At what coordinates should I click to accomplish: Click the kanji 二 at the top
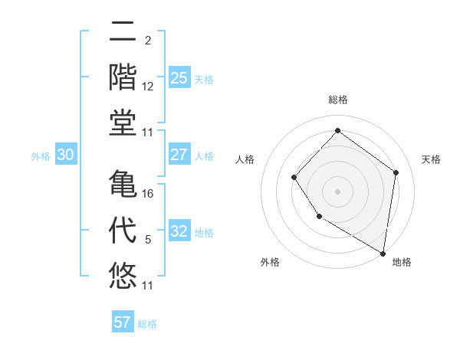[x=123, y=32]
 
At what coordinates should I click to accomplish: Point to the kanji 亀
[x=123, y=184]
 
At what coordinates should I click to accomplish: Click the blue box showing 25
[x=179, y=77]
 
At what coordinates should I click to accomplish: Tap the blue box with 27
[x=179, y=155]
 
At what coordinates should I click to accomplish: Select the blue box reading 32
[x=179, y=231]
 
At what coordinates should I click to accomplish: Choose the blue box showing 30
[x=65, y=155]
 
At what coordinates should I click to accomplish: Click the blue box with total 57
[x=123, y=322]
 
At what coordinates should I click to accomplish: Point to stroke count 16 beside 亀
[x=148, y=193]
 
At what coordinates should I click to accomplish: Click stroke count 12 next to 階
[x=148, y=86]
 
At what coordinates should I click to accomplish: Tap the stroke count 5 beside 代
[x=148, y=239]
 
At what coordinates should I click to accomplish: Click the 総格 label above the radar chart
[x=337, y=100]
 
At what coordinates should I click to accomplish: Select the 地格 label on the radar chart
[x=402, y=263]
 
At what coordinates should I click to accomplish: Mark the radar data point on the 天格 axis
[x=396, y=172]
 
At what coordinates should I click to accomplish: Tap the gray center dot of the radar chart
[x=337, y=191]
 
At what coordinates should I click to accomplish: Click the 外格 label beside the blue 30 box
[x=41, y=155]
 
